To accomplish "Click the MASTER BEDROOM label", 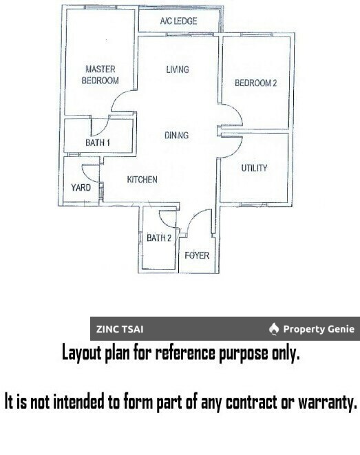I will (100, 74).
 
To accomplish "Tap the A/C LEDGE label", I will (178, 21).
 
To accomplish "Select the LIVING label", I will (178, 70).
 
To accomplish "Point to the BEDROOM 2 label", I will (255, 83).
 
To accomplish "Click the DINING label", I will (176, 136).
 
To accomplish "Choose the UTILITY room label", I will (253, 168).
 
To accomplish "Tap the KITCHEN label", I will (142, 180).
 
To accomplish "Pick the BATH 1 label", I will (98, 143).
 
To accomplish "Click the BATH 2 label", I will (158, 238).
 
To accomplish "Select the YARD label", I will (81, 187).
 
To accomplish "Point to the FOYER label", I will (197, 255).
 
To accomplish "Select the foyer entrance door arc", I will (196, 220).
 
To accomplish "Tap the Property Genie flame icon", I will (274, 329).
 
